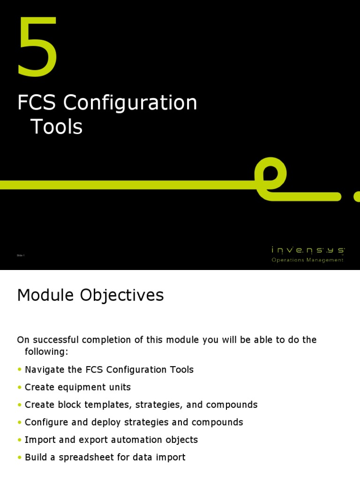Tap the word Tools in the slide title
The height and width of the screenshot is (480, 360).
click(57, 127)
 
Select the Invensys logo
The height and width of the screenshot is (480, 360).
click(308, 251)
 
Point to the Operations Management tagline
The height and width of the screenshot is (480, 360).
click(307, 260)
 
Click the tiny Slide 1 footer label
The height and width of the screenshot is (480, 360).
click(21, 255)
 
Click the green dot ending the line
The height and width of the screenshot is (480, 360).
click(357, 196)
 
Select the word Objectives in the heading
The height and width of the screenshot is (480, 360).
click(127, 295)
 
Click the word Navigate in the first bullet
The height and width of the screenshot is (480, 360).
click(45, 370)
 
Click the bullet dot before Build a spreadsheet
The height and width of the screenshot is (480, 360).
click(20, 457)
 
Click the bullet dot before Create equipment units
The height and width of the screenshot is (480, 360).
click(20, 388)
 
